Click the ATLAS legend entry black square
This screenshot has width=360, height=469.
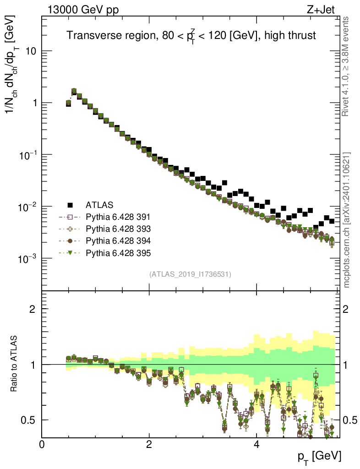[x=70, y=204]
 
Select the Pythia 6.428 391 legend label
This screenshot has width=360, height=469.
[x=118, y=217]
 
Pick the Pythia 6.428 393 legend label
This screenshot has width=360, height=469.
[x=118, y=229]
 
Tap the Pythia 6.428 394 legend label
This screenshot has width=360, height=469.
[x=118, y=241]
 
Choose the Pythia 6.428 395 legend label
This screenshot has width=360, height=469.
[x=118, y=253]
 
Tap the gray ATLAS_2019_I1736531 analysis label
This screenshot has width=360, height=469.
[x=190, y=274]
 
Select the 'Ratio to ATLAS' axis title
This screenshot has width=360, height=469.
[x=15, y=364]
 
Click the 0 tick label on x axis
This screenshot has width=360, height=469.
[x=42, y=444]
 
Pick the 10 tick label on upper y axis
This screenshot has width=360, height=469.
[x=30, y=51]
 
